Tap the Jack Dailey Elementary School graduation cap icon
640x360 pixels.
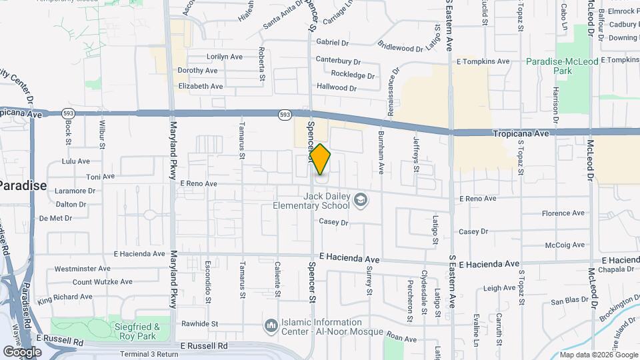(360, 200)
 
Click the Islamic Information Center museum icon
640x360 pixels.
(271, 326)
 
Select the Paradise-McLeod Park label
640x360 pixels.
(558, 65)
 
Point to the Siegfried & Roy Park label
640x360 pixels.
(137, 331)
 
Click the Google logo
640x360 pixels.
(22, 351)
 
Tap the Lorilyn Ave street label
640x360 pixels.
(225, 57)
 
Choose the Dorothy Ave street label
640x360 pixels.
(197, 71)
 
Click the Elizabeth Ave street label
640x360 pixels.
(201, 86)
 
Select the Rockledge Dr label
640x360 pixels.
(353, 75)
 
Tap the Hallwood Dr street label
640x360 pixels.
(337, 87)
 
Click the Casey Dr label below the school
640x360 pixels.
(334, 222)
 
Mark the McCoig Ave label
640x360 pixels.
(564, 245)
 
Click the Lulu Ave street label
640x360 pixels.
(75, 161)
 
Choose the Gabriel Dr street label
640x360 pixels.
(333, 42)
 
